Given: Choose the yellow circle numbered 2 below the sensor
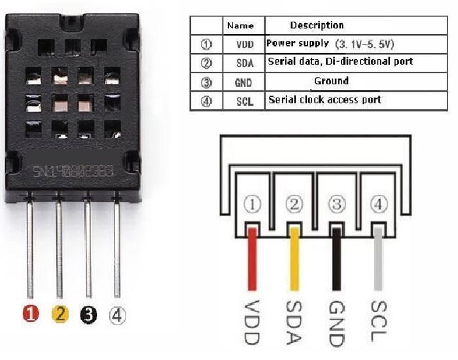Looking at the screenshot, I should point(60,315).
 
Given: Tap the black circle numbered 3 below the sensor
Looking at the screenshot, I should point(88,315).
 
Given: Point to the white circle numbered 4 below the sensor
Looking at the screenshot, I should point(117,315).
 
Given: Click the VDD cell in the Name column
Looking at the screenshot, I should point(238,45).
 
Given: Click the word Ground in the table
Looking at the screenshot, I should point(331,81).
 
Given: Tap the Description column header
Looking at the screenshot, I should point(317,26).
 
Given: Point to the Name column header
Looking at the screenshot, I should point(239,26).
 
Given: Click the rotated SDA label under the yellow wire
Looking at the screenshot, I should point(294,323).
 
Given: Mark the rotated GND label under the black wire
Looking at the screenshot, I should point(337,323).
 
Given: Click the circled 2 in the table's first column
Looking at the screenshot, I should point(206,63).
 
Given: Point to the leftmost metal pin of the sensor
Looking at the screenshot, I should point(30,249).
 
